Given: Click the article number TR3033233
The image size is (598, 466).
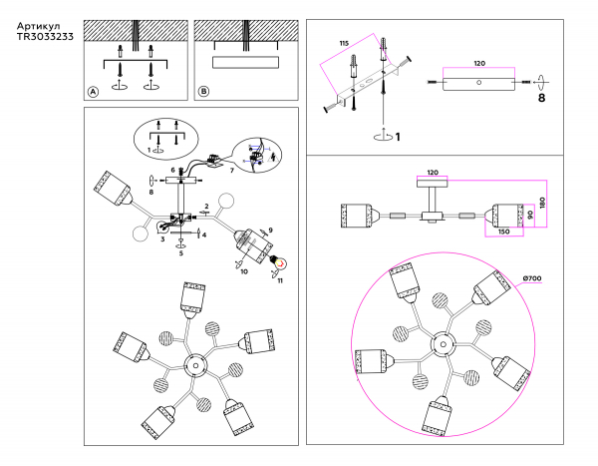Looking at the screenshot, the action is pos(45,37).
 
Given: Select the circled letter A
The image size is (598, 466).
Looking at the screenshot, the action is pos(93,92).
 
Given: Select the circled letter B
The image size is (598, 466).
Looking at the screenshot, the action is pos(203,91).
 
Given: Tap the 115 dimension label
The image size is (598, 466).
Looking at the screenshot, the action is pos(344,44).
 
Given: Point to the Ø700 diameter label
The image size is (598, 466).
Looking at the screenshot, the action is pos(532,278).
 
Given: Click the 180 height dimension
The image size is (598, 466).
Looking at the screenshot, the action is pos(542,203).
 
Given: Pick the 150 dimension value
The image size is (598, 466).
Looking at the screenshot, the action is pos(503,232).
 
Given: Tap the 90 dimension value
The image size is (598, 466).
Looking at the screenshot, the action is pos(530,215).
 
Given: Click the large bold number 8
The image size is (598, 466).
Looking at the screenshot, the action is pos(541,98).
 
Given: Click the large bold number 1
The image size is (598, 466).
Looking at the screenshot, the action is pos(398,137).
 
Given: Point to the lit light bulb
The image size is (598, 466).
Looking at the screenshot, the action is pos(279,262).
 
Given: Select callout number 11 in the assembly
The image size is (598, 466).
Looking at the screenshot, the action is pos(280,280).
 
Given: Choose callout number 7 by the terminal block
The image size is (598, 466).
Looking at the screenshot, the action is pos(232,171).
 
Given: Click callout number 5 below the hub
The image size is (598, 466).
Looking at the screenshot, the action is pos(181,252).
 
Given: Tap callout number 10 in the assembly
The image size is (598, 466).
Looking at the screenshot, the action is pos(244,271).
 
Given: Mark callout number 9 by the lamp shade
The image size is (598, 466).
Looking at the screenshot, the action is pos(270,230).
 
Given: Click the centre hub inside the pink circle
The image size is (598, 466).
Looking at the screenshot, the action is pos(444,344).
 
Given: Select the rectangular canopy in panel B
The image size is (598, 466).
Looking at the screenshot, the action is pos(245,62).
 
